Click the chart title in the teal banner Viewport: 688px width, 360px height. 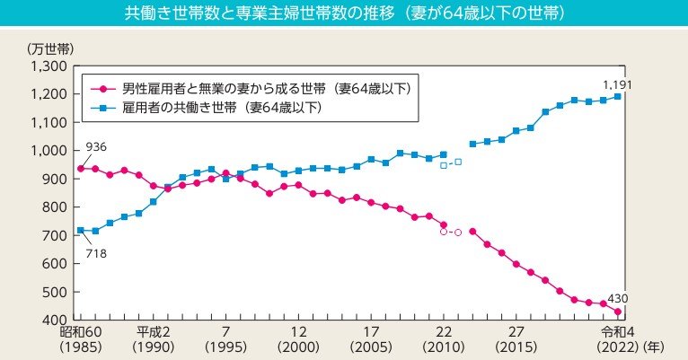pyautogui.click(x=344, y=15)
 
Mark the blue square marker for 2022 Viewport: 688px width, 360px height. pyautogui.click(x=617, y=96)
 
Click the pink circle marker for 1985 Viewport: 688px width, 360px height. pyautogui.click(x=81, y=169)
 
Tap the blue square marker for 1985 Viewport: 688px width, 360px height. pyautogui.click(x=81, y=231)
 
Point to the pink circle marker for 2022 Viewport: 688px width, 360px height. pyautogui.click(x=617, y=312)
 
